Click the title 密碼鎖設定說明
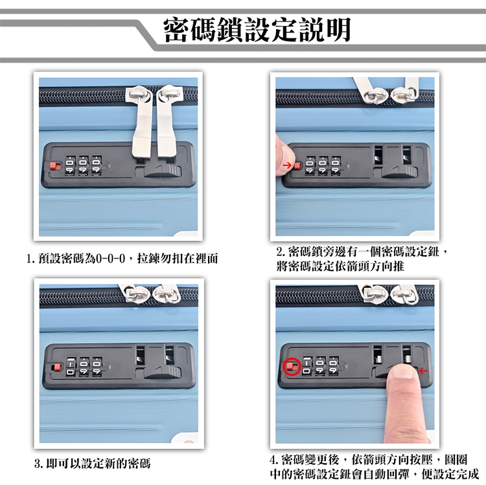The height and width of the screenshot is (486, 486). pyautogui.click(x=257, y=30)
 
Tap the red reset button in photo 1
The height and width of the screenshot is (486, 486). pyautogui.click(x=56, y=166)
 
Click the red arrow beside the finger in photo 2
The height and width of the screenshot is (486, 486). pyautogui.click(x=287, y=165)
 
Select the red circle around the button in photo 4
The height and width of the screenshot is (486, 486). pyautogui.click(x=292, y=367)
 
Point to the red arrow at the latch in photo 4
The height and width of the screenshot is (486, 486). pyautogui.click(x=423, y=371)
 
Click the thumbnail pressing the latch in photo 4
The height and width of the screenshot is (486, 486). pyautogui.click(x=402, y=371)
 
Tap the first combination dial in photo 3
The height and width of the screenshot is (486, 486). pyautogui.click(x=71, y=367)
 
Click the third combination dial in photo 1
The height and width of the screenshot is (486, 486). pyautogui.click(x=97, y=165)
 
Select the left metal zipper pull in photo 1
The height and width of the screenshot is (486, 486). pyautogui.click(x=141, y=121)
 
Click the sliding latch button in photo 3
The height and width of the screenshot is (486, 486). pyautogui.click(x=163, y=372)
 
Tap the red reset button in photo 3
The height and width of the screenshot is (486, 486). pyautogui.click(x=57, y=367)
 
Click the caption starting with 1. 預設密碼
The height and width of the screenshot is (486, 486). pyautogui.click(x=122, y=258)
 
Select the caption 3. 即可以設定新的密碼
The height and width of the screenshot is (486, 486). pyautogui.click(x=93, y=464)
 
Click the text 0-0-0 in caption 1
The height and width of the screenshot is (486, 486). pyautogui.click(x=110, y=258)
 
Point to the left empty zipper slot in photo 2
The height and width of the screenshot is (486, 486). pyautogui.click(x=378, y=155)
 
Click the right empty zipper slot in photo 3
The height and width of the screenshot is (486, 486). pyautogui.click(x=170, y=355)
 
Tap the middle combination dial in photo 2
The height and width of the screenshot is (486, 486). pyautogui.click(x=323, y=165)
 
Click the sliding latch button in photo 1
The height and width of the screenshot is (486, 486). pyautogui.click(x=163, y=171)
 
